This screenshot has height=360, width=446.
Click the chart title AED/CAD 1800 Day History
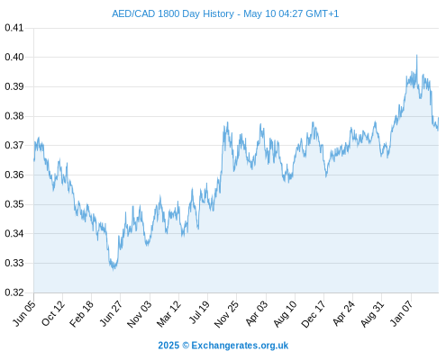173,13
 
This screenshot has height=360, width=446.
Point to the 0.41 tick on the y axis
14,28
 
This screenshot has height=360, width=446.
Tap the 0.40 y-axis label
14,57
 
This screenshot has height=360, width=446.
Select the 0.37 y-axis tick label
14,146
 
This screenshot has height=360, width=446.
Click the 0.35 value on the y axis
14,204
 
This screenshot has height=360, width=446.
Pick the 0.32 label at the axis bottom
14,292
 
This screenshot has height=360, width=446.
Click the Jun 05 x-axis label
24,313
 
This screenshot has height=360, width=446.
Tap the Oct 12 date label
53,313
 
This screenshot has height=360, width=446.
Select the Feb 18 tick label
82,314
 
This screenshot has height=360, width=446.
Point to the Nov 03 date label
140,314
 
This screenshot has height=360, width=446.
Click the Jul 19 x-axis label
199,312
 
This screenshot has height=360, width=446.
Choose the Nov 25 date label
227,314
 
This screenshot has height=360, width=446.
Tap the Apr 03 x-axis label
256,313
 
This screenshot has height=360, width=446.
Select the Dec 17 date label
314,314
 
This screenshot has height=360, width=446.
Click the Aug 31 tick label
373,314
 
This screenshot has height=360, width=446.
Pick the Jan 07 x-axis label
403,313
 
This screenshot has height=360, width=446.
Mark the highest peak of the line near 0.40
416,55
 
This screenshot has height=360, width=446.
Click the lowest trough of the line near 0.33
114,270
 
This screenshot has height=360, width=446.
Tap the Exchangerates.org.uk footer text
240,346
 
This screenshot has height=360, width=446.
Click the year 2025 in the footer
168,346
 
